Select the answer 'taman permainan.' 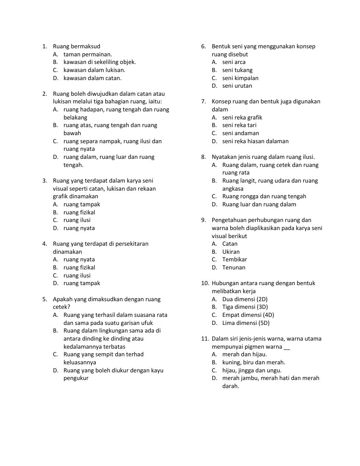coord(88,54)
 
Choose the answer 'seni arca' coord(234,62)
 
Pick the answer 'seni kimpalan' coord(240,78)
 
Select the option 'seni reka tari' coord(239,125)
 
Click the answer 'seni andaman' coord(241,133)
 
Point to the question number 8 coord(203,157)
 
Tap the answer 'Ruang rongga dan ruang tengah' coord(264,197)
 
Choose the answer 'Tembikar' coord(235,260)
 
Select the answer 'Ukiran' coord(231,252)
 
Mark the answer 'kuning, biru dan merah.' coord(253,362)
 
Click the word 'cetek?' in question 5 coord(61,307)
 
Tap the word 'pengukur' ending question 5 coord(76,378)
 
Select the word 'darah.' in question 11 coord(230,386)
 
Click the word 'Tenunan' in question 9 coord(234,267)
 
